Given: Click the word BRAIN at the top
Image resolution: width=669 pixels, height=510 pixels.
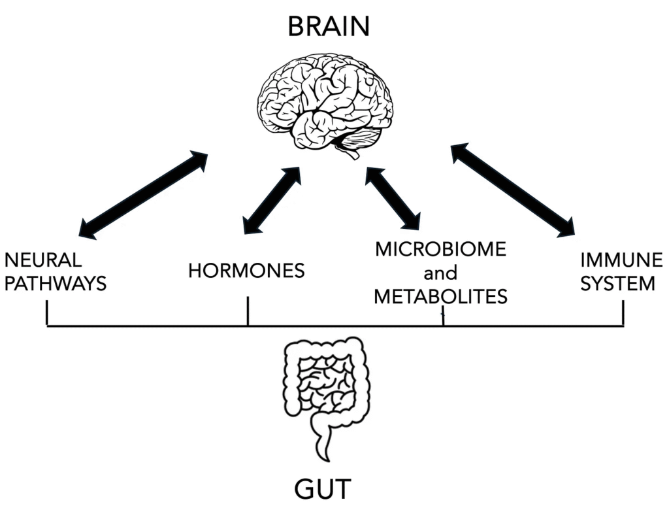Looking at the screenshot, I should (x=329, y=27).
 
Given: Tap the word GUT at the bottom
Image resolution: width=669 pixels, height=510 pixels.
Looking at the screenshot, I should (x=323, y=488).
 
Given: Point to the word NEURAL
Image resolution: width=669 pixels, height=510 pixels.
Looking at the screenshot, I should (x=43, y=261).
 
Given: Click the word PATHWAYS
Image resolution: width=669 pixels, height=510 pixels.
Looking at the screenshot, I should (x=55, y=284).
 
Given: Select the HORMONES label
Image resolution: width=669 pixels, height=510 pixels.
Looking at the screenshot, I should (x=246, y=271).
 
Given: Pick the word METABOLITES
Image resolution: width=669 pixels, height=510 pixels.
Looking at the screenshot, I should (x=440, y=297).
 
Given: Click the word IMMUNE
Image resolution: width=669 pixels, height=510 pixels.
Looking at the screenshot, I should (x=621, y=261).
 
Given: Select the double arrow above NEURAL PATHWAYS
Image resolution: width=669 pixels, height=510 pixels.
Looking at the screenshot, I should (x=142, y=194).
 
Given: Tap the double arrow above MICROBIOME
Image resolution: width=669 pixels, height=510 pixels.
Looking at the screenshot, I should (x=393, y=198).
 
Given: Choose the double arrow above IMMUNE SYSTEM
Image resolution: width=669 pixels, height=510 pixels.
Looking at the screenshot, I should (x=513, y=190).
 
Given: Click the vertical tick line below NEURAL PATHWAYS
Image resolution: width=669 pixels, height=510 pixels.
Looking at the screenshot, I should (x=47, y=313).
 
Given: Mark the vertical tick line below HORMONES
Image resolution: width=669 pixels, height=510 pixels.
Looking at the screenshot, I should (x=248, y=311).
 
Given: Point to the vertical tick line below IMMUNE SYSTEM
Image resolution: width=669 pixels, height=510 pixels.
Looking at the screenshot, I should (x=623, y=313).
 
